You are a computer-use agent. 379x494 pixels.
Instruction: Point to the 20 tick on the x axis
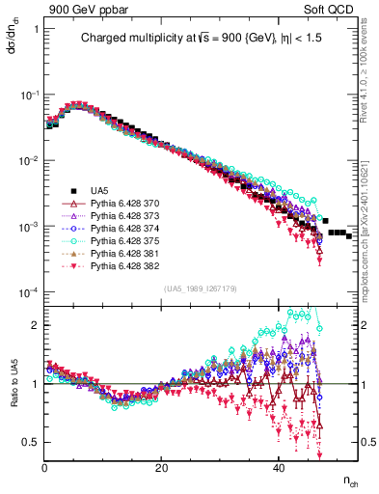[x=161, y=469]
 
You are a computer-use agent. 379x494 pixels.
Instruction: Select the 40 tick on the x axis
[x=278, y=469]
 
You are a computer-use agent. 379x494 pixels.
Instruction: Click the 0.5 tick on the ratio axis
[x=32, y=442]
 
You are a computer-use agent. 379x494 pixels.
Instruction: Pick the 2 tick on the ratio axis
[x=36, y=325]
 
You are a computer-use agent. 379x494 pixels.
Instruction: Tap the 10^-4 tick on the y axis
[x=29, y=292]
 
